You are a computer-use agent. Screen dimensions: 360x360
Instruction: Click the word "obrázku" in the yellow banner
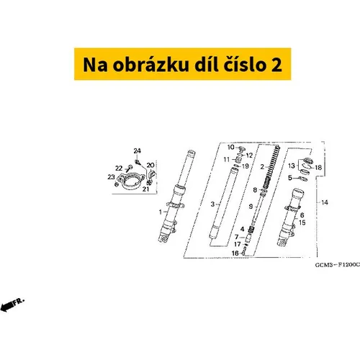150,64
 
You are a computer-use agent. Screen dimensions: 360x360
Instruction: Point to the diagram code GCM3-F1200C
338,265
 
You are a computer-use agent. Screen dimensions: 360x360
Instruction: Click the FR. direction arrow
12,305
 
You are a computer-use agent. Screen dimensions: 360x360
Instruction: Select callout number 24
137,151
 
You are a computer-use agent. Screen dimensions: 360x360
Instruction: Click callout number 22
119,168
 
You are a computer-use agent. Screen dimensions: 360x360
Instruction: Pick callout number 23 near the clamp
111,177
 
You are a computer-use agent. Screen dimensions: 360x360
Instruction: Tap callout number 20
150,165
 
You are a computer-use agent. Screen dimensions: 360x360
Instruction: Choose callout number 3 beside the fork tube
212,204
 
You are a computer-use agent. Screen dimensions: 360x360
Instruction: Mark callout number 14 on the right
325,202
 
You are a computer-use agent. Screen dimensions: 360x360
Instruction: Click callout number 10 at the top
230,147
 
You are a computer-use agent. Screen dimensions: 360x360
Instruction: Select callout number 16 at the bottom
235,253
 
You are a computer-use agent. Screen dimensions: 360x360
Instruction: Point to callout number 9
251,206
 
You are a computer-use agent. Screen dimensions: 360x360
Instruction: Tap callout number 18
318,167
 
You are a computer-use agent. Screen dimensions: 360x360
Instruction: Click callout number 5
290,178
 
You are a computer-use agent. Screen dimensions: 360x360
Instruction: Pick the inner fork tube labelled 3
224,204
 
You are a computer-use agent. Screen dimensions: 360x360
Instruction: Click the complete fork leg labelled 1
176,197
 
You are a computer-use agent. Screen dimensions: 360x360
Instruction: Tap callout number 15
302,222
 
